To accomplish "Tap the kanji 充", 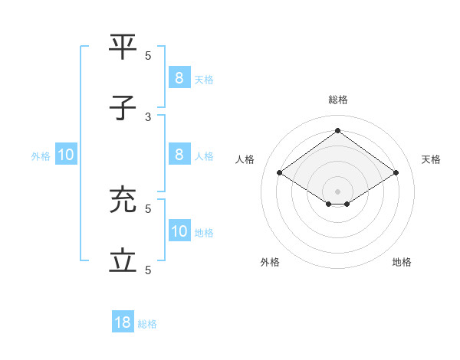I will [123, 200].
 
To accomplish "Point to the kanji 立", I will [123, 261].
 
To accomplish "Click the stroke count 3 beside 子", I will [148, 116].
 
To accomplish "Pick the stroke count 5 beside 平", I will [148, 55].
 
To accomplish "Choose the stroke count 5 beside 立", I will [148, 270].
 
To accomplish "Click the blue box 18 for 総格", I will [123, 322].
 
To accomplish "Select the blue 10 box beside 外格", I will [66, 155].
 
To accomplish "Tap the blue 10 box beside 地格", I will [179, 231].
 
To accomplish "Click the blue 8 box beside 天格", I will [179, 77].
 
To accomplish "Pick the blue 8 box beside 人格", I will [179, 155].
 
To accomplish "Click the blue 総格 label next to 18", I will [147, 324].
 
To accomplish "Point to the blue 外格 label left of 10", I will [41, 156].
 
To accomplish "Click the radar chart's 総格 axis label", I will [337, 100].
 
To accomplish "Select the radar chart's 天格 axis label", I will [431, 159].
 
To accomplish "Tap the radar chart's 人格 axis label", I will [245, 159].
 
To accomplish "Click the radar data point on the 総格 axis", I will [337, 130].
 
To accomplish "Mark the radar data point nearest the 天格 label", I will [396, 173].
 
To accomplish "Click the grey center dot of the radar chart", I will [337, 191].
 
